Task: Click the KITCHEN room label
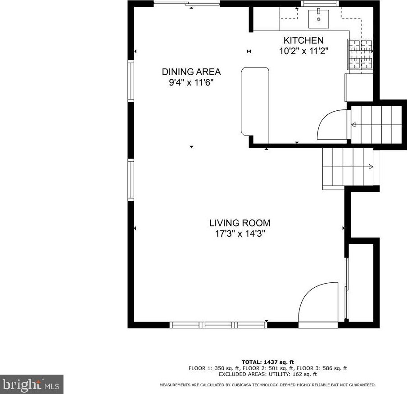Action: pyautogui.click(x=303, y=41)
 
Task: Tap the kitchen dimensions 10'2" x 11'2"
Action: pyautogui.click(x=303, y=51)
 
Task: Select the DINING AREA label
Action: pyautogui.click(x=191, y=72)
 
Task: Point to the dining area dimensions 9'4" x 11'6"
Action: pyautogui.click(x=191, y=82)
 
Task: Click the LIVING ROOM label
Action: pyautogui.click(x=240, y=222)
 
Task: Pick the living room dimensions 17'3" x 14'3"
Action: pyautogui.click(x=240, y=234)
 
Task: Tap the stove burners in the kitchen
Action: pyautogui.click(x=360, y=54)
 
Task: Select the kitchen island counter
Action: pyautogui.click(x=255, y=101)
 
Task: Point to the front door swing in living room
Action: pyautogui.click(x=318, y=302)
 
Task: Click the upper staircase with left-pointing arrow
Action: pyautogui.click(x=375, y=125)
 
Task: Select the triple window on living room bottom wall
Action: pyautogui.click(x=218, y=325)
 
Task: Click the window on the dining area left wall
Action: pyautogui.click(x=131, y=81)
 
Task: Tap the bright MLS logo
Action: pyautogui.click(x=32, y=385)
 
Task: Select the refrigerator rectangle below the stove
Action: pyautogui.click(x=359, y=87)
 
